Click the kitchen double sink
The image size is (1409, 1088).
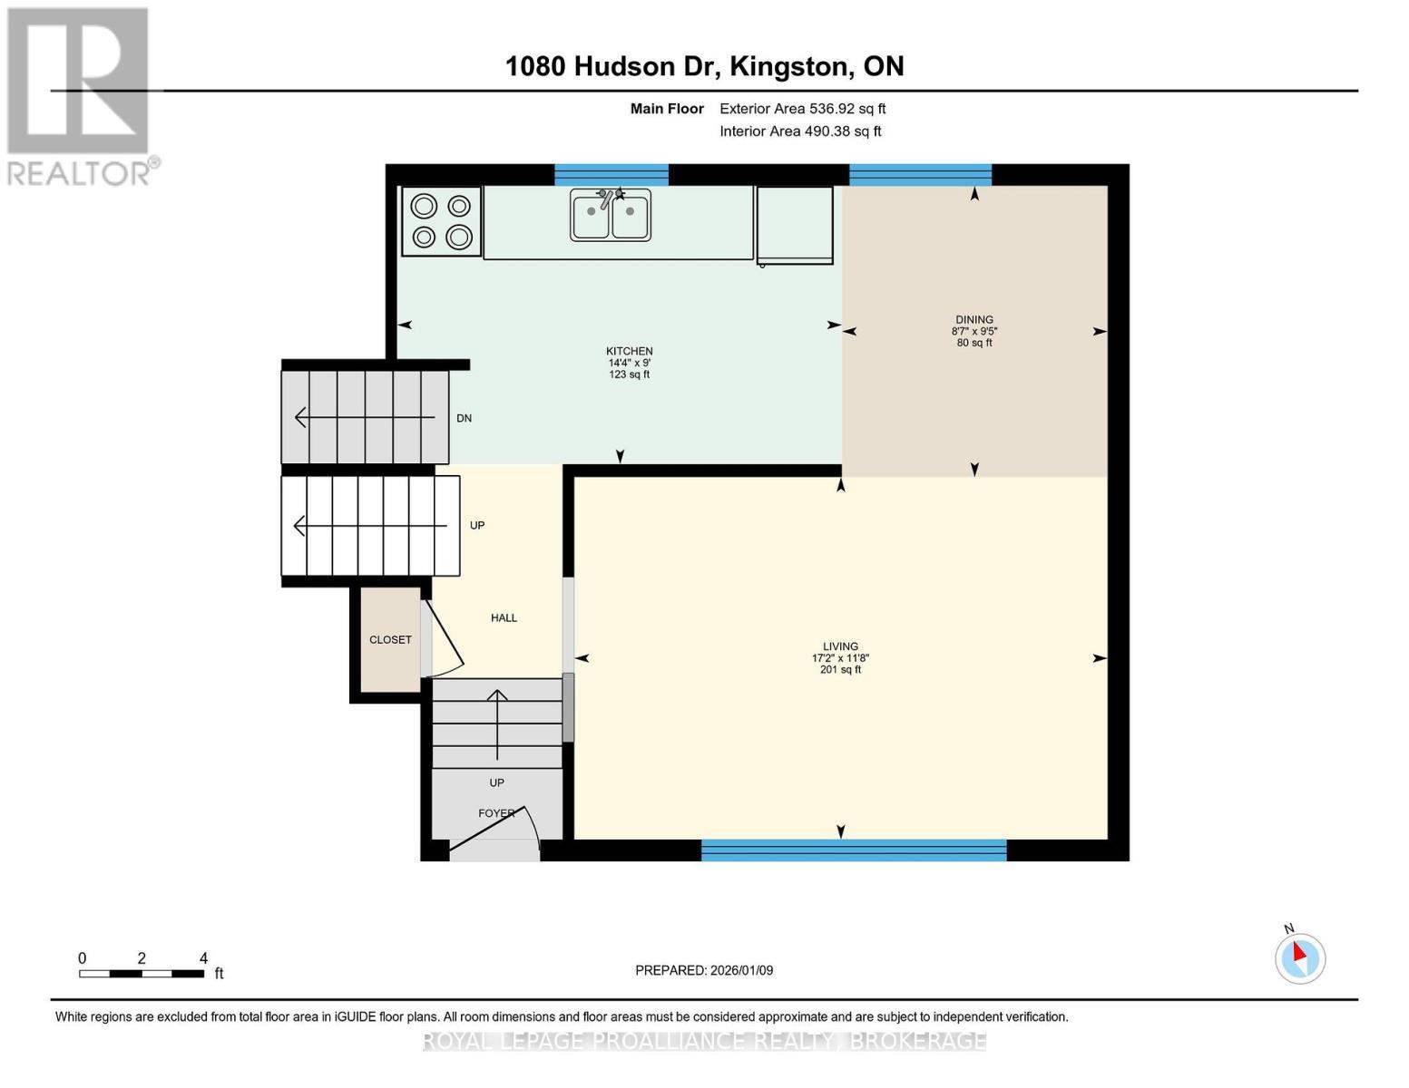click(x=610, y=215)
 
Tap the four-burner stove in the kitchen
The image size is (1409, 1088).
click(x=442, y=221)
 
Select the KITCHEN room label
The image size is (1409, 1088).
click(x=629, y=352)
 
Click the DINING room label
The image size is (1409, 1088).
click(x=974, y=320)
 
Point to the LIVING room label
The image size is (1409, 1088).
click(x=840, y=647)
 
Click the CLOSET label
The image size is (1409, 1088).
click(x=390, y=640)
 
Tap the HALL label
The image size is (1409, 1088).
click(x=504, y=618)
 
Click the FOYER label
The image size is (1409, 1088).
click(x=496, y=813)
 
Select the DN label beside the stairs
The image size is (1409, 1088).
click(x=464, y=419)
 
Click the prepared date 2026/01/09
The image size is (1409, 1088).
click(x=704, y=970)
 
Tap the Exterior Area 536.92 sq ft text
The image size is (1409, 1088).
click(x=802, y=109)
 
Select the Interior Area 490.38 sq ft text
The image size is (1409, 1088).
click(x=800, y=131)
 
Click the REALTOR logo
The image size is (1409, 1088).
click(x=80, y=95)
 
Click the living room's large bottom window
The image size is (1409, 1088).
click(x=854, y=850)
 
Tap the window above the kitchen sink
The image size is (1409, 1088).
click(x=611, y=175)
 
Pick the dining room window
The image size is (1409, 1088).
click(x=920, y=175)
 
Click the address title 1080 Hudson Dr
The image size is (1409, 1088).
click(x=704, y=66)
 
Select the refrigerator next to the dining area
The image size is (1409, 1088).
click(x=795, y=225)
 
